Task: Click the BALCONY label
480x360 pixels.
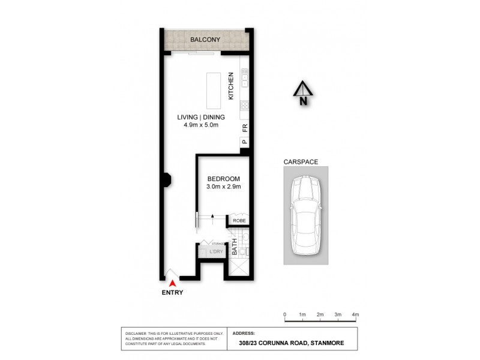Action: coord(205,40)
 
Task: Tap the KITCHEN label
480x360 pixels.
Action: coord(230,86)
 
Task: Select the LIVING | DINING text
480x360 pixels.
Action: coord(200,117)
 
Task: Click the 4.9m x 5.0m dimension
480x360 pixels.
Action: coord(200,126)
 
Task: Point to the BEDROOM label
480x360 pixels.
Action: coord(224,179)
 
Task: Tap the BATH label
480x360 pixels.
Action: coord(235,248)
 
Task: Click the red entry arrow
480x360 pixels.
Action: coord(173,281)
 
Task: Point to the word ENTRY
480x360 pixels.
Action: coord(172,293)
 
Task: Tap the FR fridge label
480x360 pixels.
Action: coord(244,128)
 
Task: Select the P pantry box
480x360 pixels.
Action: coord(244,142)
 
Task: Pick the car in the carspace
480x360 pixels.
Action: coord(307,214)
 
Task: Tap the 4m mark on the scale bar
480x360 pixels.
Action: coord(355,315)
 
